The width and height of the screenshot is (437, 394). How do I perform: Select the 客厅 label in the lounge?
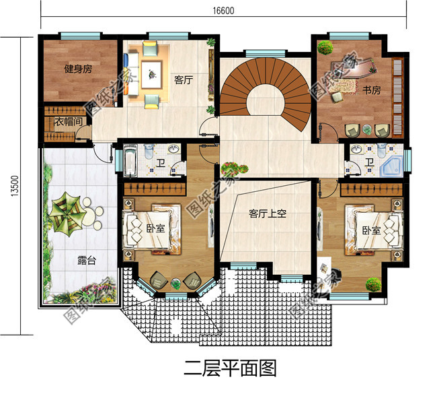coord(184,80)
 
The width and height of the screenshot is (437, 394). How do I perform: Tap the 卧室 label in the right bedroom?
coord(370,230)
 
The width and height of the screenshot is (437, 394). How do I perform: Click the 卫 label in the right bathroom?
coord(370,163)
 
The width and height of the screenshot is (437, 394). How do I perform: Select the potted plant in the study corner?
coord(325,48)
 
